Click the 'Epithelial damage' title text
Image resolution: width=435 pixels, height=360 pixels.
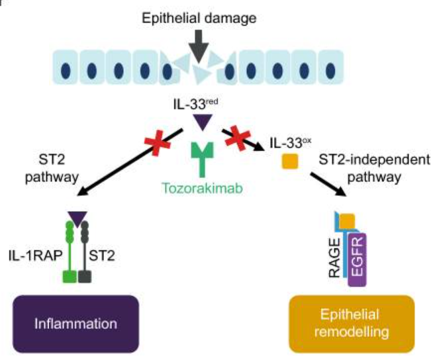199,19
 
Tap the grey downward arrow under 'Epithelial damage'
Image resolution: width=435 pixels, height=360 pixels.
199,46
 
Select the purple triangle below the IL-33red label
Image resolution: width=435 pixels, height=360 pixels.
203,122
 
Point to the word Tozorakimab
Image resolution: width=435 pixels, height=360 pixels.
202,188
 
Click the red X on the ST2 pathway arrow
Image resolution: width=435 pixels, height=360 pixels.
157,142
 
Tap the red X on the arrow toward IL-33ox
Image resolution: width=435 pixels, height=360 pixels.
238,137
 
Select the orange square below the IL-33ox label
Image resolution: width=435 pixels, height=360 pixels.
290,161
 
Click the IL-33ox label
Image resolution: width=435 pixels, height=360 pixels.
291,143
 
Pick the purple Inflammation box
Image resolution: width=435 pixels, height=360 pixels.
75,324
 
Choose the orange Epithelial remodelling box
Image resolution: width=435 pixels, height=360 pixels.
352,324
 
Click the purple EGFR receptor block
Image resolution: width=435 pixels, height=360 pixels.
358,260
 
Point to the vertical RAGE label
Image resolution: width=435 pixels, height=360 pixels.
334,257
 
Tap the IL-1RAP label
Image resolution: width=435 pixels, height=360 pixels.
35,255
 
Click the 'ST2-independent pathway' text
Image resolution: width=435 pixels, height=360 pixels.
374,168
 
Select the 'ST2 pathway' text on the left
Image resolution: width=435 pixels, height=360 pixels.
52,168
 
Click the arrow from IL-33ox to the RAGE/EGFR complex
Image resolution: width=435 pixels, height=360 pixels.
329,185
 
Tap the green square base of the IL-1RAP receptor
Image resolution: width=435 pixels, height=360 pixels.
70,277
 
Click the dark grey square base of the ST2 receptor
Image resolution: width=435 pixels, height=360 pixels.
85,277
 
